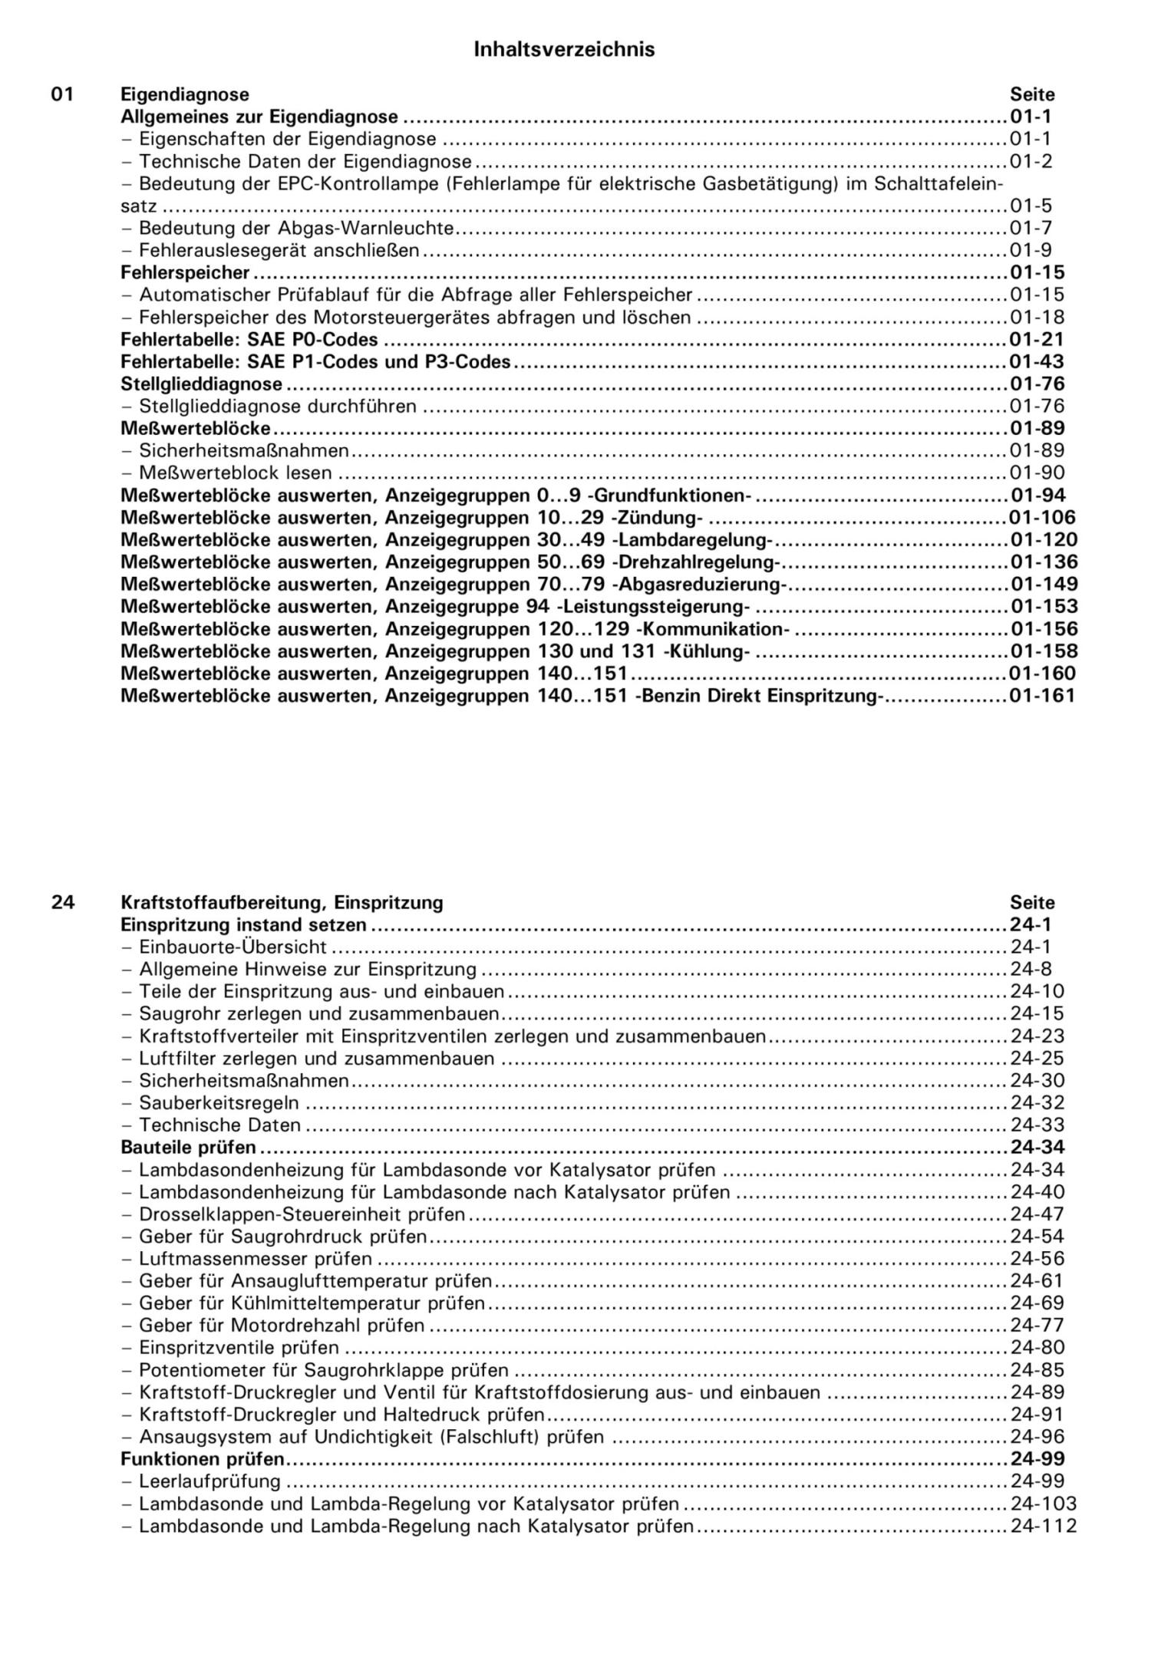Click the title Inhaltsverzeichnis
pos(564,50)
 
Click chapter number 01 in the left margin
pos(63,94)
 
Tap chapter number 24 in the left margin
pos(63,902)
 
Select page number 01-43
pos(1037,361)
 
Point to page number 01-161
pos(1043,696)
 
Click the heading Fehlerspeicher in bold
pos(185,272)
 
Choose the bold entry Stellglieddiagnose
pos(202,384)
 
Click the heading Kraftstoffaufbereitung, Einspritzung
pos(282,902)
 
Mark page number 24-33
pos(1037,1125)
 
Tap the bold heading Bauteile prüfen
pos(189,1148)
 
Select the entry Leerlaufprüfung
pos(209,1481)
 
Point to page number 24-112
pos(1043,1526)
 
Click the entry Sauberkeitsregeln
pos(219,1103)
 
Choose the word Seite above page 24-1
pos(1032,902)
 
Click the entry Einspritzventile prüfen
pos(238,1348)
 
